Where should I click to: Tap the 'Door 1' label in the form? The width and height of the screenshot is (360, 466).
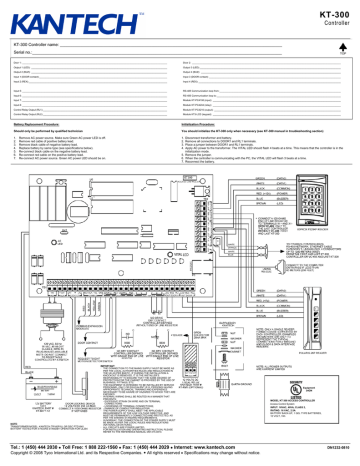[18, 61]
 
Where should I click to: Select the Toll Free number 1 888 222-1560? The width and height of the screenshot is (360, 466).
[120, 440]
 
